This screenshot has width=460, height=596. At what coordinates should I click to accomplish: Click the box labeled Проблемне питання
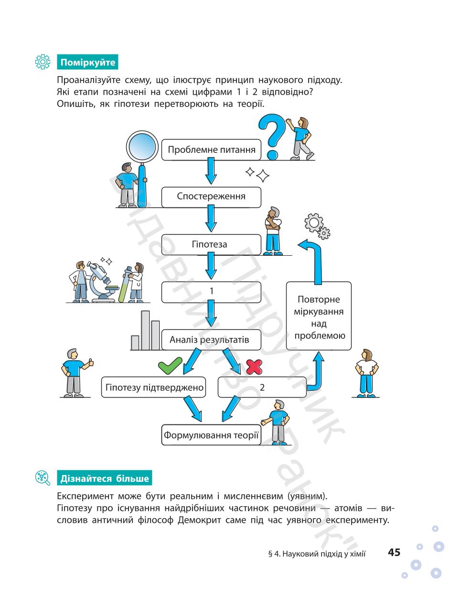click(x=211, y=150)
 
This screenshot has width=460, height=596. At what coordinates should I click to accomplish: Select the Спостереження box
click(x=211, y=197)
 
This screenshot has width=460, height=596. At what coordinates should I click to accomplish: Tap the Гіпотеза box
click(x=211, y=244)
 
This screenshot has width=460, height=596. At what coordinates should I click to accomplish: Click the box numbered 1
click(x=211, y=292)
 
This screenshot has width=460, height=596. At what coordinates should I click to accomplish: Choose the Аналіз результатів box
click(x=211, y=339)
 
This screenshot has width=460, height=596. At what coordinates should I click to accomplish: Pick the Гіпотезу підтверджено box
click(x=153, y=387)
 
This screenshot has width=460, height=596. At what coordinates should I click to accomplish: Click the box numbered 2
click(x=262, y=387)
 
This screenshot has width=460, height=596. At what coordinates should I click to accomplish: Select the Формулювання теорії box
click(x=211, y=435)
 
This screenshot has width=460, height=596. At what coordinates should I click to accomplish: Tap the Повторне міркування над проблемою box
click(x=319, y=316)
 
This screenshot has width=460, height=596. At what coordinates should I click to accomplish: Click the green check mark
click(x=170, y=366)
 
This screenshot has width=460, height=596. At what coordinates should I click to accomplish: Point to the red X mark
click(x=254, y=367)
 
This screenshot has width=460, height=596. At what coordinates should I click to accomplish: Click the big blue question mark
click(x=272, y=136)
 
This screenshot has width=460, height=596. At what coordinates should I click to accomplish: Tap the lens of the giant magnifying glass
click(x=142, y=147)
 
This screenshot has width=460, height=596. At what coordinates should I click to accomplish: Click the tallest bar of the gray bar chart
click(x=145, y=330)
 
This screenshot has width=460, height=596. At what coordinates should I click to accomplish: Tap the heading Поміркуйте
click(x=87, y=62)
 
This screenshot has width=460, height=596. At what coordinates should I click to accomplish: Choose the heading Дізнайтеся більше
click(x=105, y=478)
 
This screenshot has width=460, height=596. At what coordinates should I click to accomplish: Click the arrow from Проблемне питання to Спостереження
click(x=211, y=171)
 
